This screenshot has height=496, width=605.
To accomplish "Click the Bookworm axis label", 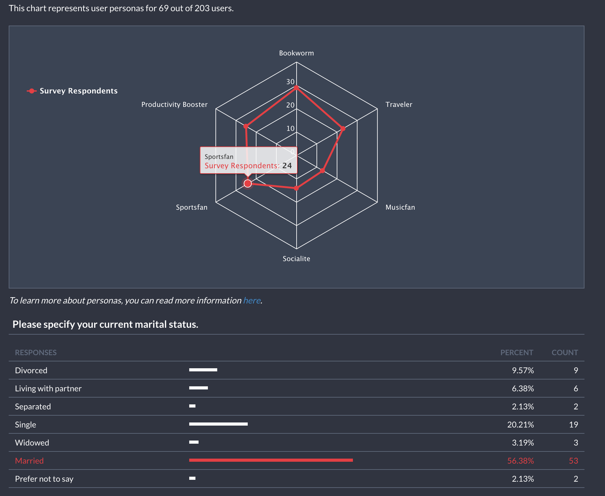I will [x=296, y=53].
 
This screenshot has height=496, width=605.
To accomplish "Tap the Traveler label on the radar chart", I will [x=399, y=105].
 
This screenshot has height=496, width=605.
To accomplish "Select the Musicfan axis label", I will [x=400, y=207].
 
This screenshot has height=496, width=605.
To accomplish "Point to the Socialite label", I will [x=296, y=259].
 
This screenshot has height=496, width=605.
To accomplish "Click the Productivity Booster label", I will [x=174, y=105].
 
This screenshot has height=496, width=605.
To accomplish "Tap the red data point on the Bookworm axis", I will [x=296, y=88].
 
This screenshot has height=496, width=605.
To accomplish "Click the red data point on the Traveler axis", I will [x=343, y=128].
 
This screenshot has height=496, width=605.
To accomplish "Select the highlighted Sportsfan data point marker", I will [x=248, y=184].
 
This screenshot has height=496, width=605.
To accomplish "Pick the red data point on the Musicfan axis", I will [x=322, y=170].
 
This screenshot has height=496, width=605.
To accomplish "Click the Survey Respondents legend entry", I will [x=78, y=91].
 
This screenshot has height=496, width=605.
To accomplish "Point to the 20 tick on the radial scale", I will [x=290, y=105].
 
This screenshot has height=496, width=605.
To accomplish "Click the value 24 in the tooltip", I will [x=287, y=166].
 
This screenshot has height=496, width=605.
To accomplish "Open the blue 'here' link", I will [x=252, y=301].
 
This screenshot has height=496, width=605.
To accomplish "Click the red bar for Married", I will [x=271, y=460].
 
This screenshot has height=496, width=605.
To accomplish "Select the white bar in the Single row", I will [x=218, y=424].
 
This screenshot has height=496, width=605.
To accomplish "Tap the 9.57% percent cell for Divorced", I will [x=523, y=370].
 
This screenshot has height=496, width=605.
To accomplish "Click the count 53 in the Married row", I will [x=573, y=461].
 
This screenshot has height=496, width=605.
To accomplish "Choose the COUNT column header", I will [x=565, y=353].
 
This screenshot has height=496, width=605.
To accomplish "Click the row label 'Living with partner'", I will [x=48, y=389].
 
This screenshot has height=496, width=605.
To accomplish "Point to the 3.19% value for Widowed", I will [x=523, y=443].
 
